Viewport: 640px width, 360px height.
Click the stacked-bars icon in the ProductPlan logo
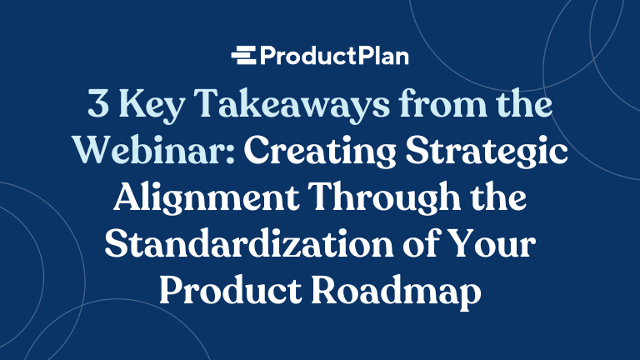tap(243, 57)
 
